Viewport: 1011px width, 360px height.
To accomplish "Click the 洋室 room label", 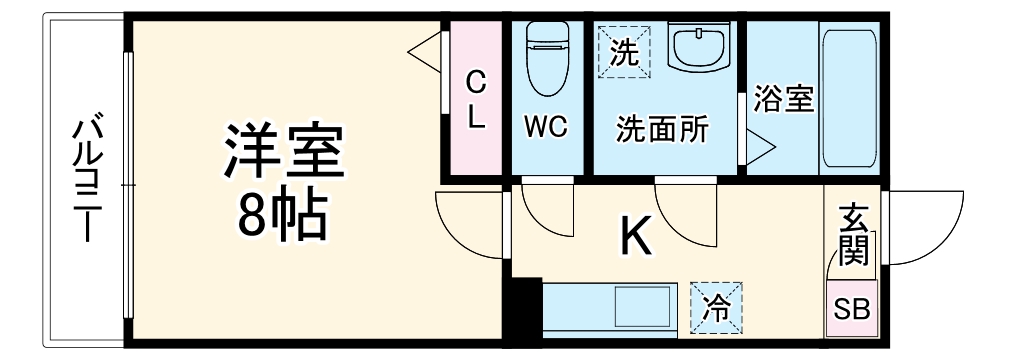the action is [x=282, y=150].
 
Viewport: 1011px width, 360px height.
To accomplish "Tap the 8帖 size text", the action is [x=282, y=212].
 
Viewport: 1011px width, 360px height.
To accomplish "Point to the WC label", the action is [x=547, y=128].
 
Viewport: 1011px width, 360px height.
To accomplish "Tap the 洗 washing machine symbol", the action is [x=625, y=50].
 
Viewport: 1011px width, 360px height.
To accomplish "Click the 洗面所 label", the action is [x=661, y=128].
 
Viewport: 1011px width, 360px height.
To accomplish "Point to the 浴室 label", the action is [x=783, y=100].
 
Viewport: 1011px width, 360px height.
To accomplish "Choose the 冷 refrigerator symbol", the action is [x=715, y=306].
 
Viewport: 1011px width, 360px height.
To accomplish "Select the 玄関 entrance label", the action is [x=853, y=236].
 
